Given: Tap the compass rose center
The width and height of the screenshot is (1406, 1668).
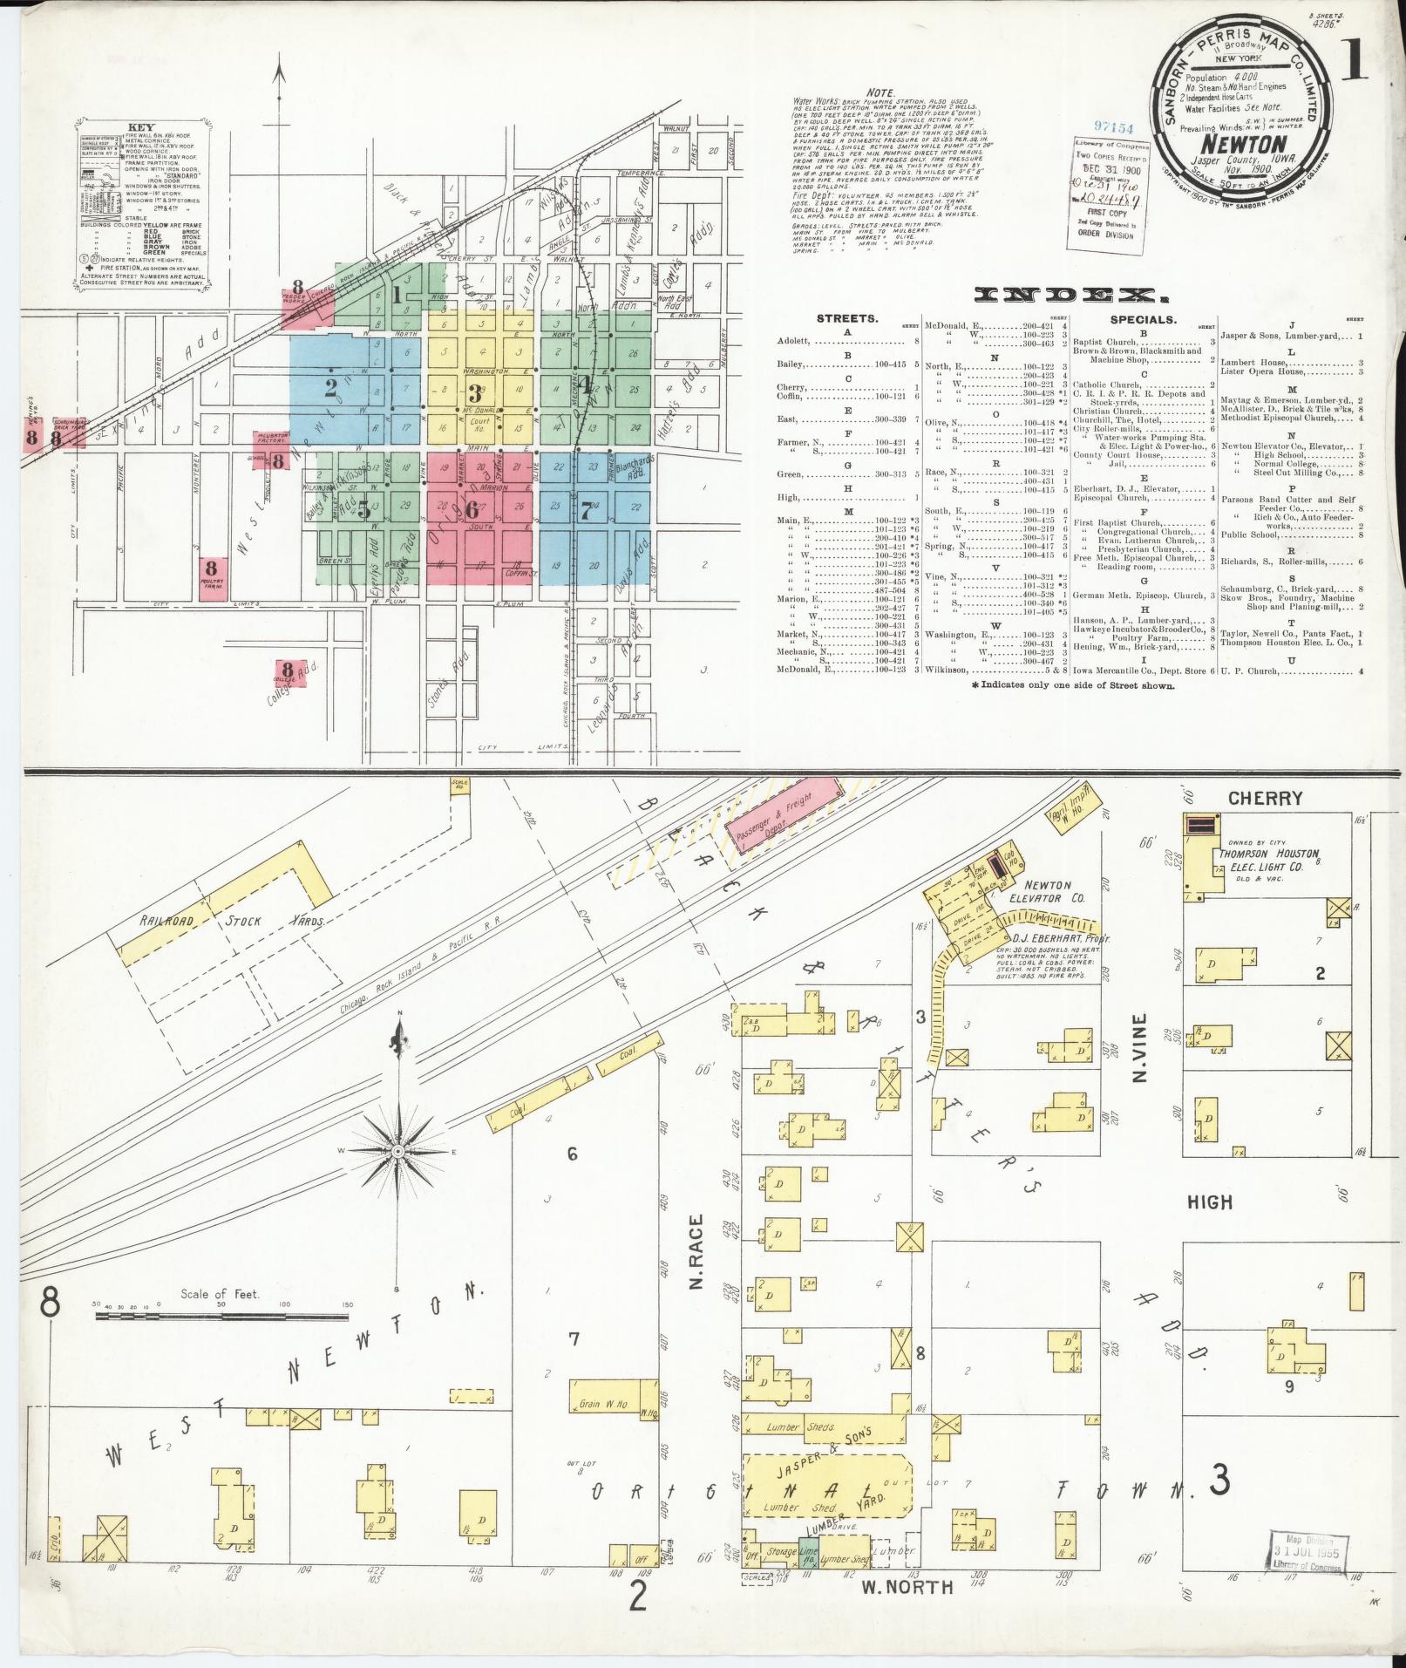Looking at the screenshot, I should [398, 1151].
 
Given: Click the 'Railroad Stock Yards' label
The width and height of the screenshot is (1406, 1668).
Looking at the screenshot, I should [230, 922].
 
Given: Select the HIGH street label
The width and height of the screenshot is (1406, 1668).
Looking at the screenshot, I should [1210, 1202].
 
